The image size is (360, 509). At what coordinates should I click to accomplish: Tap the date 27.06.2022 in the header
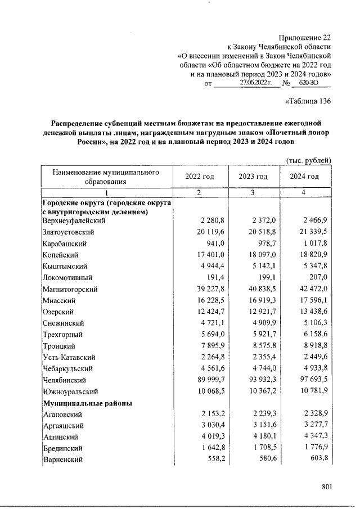coord(255,83)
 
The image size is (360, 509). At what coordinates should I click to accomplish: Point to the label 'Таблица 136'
coord(308,101)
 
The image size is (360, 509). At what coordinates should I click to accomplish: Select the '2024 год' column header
coord(304,177)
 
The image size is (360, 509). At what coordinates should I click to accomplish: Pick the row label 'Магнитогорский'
coord(70,289)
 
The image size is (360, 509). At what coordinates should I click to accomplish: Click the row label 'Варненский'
coord(63,460)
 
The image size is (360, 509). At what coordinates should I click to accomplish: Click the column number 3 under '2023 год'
coord(253,193)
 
